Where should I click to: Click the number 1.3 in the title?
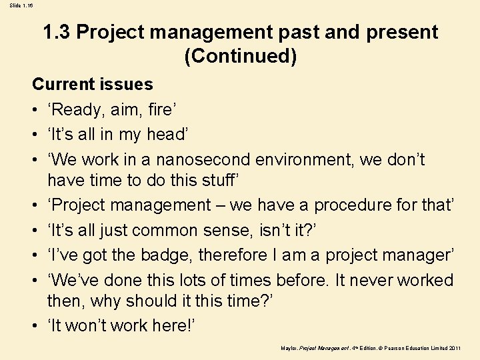[57, 32]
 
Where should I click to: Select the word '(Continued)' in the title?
[240, 57]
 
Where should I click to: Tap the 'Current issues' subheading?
[93, 85]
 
